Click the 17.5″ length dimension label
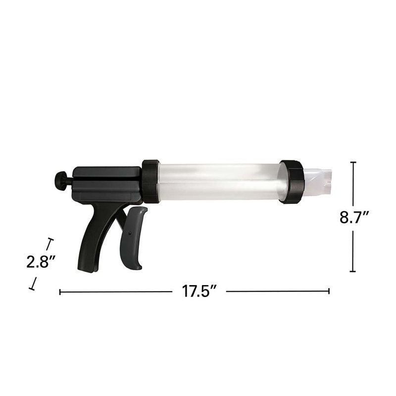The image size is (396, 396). coord(199,291)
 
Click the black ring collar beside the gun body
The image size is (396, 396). coord(150,181)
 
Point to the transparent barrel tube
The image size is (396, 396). coord(220,182)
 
